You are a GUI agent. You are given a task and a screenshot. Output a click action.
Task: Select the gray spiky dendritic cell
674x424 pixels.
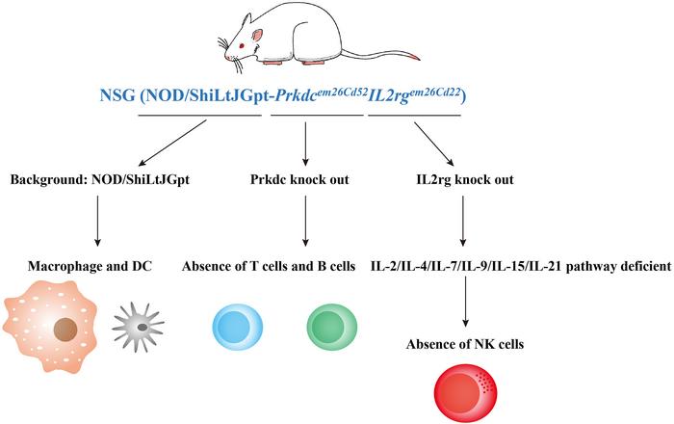coord(141,328)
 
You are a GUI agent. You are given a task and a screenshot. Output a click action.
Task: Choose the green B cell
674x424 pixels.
coord(327,326)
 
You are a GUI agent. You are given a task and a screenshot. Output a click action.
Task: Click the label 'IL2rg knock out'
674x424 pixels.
coord(461,180)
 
